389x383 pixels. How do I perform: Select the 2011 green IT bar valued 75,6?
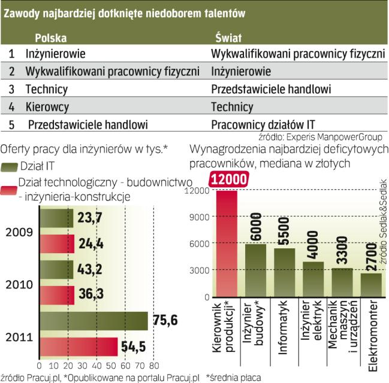(93, 321)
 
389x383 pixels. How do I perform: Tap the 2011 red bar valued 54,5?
(78, 347)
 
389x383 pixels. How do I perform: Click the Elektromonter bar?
(371, 285)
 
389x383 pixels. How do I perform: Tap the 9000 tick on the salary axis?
(201, 217)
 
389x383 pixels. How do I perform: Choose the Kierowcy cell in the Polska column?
(47, 107)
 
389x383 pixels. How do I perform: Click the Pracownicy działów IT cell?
(263, 125)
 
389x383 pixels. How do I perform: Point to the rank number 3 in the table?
(11, 89)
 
